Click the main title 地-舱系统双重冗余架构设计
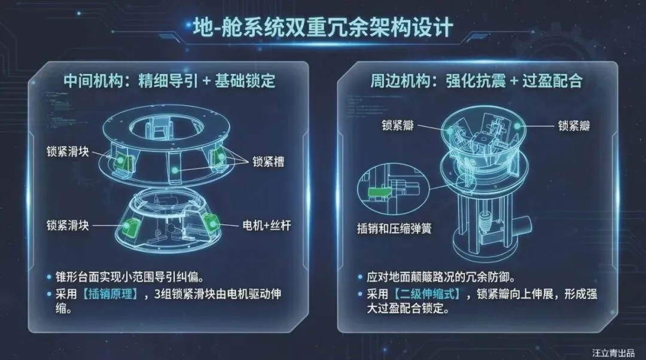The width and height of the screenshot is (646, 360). pos(323,28)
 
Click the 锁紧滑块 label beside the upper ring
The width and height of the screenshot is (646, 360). pos(68,151)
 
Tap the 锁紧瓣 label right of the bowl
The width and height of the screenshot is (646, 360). pos(576,126)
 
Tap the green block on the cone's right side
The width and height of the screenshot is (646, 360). pos(211,222)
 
